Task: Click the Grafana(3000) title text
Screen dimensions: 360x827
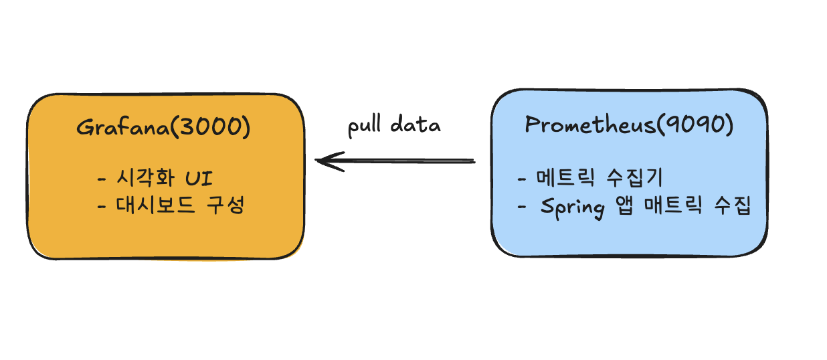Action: click(x=163, y=127)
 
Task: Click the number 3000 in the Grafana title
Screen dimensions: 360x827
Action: click(x=212, y=127)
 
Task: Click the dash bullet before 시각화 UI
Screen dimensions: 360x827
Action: click(x=102, y=179)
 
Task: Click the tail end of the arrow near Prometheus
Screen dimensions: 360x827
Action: click(x=472, y=161)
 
